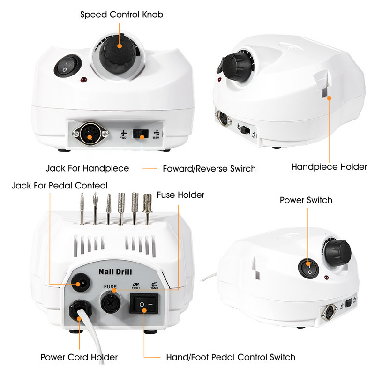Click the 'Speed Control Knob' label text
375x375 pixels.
pyautogui.click(x=122, y=15)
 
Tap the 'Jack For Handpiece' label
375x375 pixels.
pyautogui.click(x=87, y=168)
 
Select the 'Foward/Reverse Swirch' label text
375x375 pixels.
pyautogui.click(x=209, y=169)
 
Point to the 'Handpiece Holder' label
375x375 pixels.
pyautogui.click(x=329, y=167)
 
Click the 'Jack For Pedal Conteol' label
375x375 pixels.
pyautogui.click(x=60, y=186)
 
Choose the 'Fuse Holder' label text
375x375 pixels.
pyautogui.click(x=180, y=195)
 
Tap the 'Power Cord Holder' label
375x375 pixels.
pyautogui.click(x=79, y=357)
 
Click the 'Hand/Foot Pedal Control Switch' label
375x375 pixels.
pyautogui.click(x=231, y=357)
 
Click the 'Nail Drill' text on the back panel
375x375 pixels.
pyautogui.click(x=115, y=272)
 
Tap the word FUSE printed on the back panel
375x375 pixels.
pyautogui.click(x=110, y=286)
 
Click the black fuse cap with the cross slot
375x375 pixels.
pyautogui.click(x=111, y=303)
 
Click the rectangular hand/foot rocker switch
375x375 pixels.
pyautogui.click(x=144, y=304)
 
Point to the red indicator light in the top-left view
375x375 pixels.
pyautogui.click(x=84, y=80)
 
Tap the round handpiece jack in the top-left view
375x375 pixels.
pyautogui.click(x=90, y=134)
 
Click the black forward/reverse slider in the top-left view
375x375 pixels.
pyautogui.click(x=140, y=134)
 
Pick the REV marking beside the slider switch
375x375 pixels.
pyautogui.click(x=157, y=135)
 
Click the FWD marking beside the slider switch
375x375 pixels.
pyautogui.click(x=123, y=135)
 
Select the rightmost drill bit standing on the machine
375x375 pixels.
pyautogui.click(x=147, y=209)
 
